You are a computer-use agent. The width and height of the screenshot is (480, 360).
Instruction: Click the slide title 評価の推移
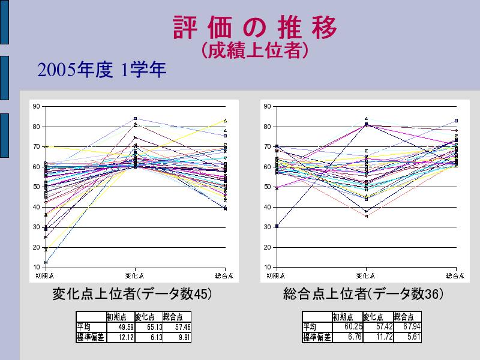(x=254, y=28)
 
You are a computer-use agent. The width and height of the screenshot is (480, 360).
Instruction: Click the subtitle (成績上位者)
(x=254, y=52)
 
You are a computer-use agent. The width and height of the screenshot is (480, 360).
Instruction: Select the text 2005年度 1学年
(x=101, y=70)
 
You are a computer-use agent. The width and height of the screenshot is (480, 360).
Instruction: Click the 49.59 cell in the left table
(x=120, y=327)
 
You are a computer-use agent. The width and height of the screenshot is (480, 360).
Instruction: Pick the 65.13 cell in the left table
(x=148, y=327)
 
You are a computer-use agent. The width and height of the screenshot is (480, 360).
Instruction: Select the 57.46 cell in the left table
(x=177, y=327)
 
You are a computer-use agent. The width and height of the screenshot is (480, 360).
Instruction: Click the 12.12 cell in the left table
(x=120, y=337)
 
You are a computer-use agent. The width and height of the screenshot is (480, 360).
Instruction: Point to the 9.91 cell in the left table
(x=177, y=337)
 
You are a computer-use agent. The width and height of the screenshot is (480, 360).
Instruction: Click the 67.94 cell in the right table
(x=407, y=327)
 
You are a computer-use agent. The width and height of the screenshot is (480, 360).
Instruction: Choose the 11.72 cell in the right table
(x=378, y=337)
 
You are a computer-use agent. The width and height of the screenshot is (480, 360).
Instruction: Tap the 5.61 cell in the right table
(x=407, y=337)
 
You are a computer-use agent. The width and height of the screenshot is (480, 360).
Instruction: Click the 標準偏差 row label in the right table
(x=317, y=337)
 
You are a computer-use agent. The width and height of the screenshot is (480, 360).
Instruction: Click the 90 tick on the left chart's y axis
(x=36, y=107)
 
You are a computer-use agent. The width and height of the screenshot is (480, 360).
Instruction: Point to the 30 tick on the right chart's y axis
(x=267, y=227)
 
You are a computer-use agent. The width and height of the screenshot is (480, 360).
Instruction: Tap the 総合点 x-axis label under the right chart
(x=455, y=275)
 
